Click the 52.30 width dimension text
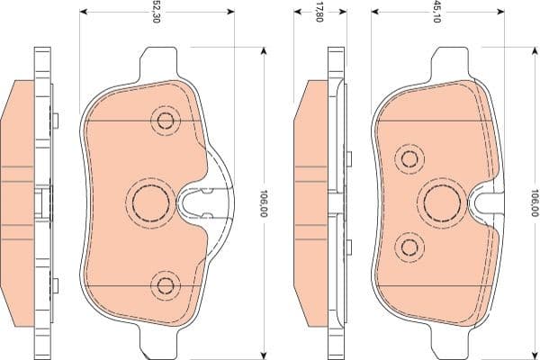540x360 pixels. pyautogui.click(x=157, y=12)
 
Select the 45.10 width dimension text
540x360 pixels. pyautogui.click(x=437, y=12)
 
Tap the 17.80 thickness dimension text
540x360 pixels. pyautogui.click(x=319, y=12)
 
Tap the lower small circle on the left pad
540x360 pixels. pyautogui.click(x=166, y=286)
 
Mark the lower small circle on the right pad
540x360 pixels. pyautogui.click(x=410, y=246)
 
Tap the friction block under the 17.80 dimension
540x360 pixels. pyautogui.click(x=310, y=203)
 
